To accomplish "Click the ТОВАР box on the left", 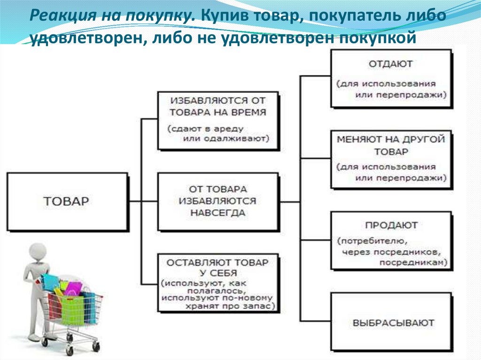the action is (66, 201).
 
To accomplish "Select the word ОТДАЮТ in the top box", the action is (391, 63).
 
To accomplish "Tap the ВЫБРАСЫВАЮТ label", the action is (393, 323).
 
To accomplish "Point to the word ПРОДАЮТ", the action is (392, 225).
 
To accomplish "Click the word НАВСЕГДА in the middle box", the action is (217, 212).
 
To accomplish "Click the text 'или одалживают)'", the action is (226, 138).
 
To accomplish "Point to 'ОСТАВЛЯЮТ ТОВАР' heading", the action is (217, 262).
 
